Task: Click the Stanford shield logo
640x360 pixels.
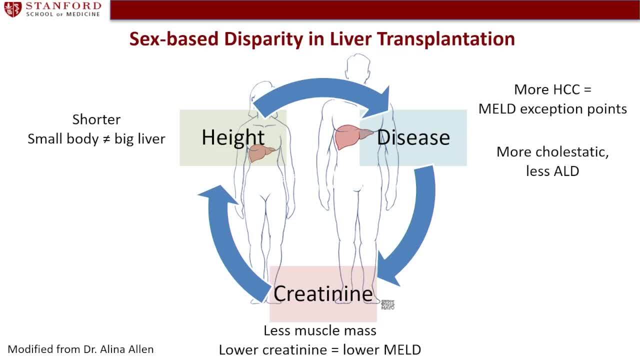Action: coord(13,9)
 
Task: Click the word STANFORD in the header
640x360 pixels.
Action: coord(63,5)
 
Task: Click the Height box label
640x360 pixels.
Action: coord(233,137)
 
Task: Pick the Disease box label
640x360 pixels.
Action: coord(413,137)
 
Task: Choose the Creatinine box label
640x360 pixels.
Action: coord(323,293)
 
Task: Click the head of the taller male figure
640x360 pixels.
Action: coord(358,66)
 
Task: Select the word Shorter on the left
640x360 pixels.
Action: coord(96,119)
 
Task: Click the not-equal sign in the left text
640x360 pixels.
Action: coord(106,139)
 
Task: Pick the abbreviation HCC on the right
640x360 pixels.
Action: coord(566,89)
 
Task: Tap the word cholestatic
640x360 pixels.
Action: coord(572,152)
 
